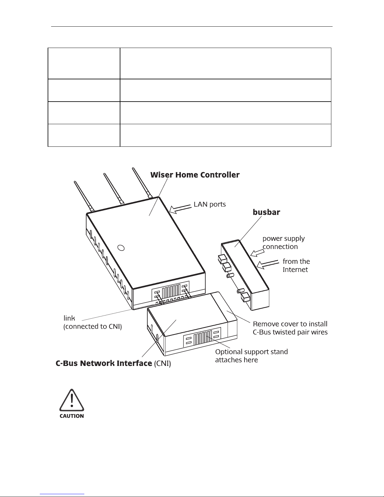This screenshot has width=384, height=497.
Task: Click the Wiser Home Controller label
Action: click(195, 175)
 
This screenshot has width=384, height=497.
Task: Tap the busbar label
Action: click(266, 212)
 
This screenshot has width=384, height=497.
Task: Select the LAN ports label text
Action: click(209, 204)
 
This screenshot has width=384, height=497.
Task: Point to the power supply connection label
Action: click(283, 242)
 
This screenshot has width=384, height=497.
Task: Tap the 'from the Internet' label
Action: click(296, 265)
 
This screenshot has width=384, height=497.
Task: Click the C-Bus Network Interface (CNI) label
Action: click(113, 363)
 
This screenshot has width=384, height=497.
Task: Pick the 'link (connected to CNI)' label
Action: click(92, 322)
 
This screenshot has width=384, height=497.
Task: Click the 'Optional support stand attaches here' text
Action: click(251, 356)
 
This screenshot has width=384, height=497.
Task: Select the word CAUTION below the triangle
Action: click(72, 416)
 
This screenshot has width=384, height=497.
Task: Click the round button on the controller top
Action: click(121, 248)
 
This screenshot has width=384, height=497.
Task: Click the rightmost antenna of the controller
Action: click(142, 183)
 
